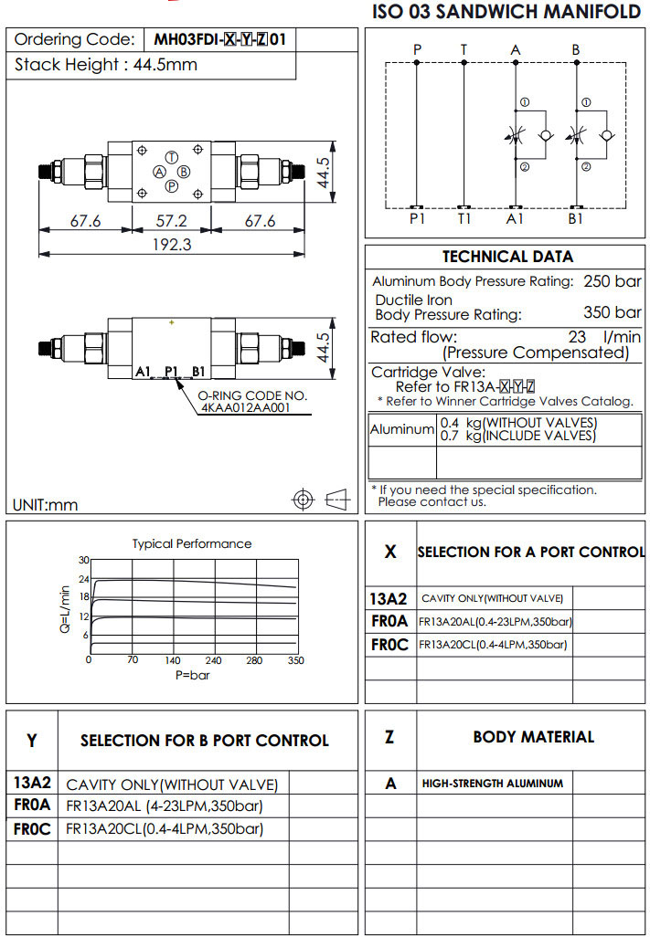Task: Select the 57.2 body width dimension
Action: (171, 221)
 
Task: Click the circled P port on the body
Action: (171, 186)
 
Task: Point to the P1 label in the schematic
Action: (417, 219)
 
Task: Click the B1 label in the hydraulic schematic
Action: (576, 219)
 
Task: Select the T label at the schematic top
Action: (464, 49)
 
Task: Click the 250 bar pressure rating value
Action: (613, 281)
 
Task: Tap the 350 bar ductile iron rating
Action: (613, 313)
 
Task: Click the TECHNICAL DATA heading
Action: (507, 257)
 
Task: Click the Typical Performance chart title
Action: (192, 543)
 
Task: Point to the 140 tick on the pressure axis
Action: (172, 660)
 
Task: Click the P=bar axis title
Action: (192, 675)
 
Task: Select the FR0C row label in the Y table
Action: (32, 830)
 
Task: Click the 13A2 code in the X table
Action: (389, 599)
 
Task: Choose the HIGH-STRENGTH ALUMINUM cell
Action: (492, 784)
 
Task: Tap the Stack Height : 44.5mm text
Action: (106, 65)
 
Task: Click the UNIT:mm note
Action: (46, 504)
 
